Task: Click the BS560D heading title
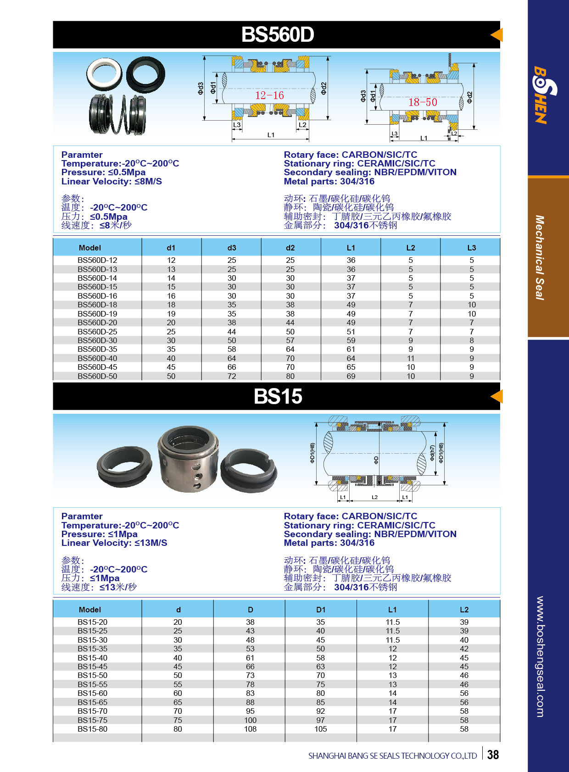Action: coord(278,35)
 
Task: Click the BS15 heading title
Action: coord(278,396)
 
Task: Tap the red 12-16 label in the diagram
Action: coord(269,95)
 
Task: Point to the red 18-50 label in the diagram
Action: coord(423,102)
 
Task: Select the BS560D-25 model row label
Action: coord(97,332)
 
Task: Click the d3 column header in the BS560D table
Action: coord(232,248)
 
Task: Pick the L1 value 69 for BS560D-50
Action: coord(351,376)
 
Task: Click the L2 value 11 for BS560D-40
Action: coord(411,358)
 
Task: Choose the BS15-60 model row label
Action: coord(93,693)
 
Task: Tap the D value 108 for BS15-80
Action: coord(250,729)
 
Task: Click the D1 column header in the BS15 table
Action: coord(321,610)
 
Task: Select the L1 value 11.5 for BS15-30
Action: coord(393,640)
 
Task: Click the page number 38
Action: coord(493,755)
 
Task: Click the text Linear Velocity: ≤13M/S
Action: coord(114,543)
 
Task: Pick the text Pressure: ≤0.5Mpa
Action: coord(103,172)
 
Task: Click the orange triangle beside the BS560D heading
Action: coord(497,35)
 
